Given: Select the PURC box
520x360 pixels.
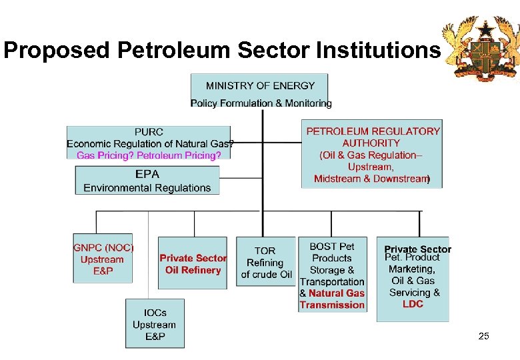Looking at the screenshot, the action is [x=149, y=142].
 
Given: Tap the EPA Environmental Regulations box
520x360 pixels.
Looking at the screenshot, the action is [x=147, y=180].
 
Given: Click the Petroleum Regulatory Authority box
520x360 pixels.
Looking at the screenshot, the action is [x=372, y=154].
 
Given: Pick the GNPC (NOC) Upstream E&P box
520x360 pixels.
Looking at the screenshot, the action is [x=103, y=258].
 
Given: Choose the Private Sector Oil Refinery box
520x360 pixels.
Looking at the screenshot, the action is [x=193, y=263].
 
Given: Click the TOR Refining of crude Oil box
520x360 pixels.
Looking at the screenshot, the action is [x=265, y=262].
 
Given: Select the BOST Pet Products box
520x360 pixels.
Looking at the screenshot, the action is [x=332, y=275].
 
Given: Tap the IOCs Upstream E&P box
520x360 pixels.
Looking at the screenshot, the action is [x=155, y=323].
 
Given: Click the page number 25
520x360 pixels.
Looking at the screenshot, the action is [x=484, y=337].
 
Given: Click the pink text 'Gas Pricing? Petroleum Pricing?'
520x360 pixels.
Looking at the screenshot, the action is [x=149, y=155].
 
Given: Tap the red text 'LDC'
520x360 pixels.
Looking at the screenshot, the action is [x=413, y=304].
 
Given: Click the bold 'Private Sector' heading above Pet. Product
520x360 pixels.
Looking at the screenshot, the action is [x=417, y=249].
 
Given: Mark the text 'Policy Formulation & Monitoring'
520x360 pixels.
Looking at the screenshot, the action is [x=261, y=103].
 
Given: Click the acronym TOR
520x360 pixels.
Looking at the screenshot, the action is [x=265, y=251].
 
